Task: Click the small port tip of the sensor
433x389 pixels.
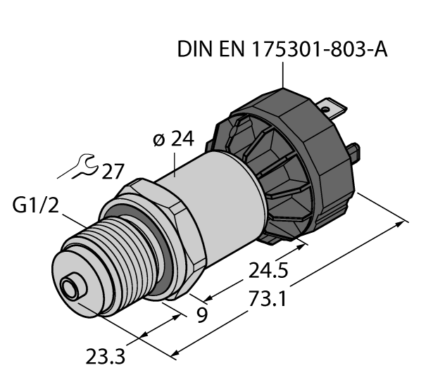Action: coord(69,288)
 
